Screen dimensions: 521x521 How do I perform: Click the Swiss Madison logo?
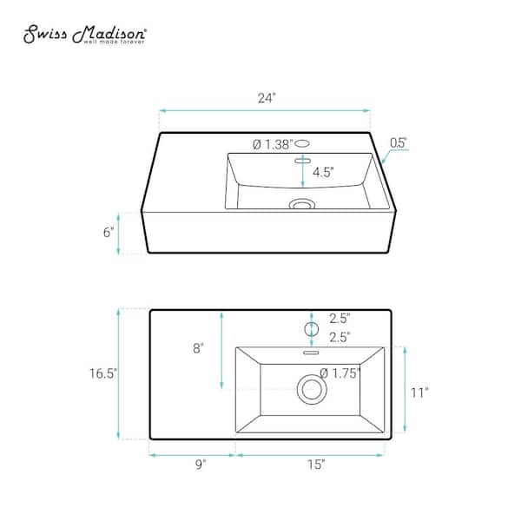click(x=84, y=34)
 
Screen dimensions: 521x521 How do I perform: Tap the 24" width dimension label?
click(x=267, y=98)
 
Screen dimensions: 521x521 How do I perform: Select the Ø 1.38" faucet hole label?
click(x=273, y=144)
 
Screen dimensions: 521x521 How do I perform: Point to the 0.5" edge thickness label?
click(x=398, y=143)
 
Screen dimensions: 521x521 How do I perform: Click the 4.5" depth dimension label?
click(x=323, y=172)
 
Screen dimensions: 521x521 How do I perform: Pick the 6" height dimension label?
click(x=109, y=232)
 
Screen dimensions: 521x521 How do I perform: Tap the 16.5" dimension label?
click(x=103, y=373)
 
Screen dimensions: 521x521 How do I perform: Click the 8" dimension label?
click(x=198, y=348)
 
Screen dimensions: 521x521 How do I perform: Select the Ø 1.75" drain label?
click(x=340, y=373)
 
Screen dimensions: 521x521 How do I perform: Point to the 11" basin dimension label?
click(x=419, y=392)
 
